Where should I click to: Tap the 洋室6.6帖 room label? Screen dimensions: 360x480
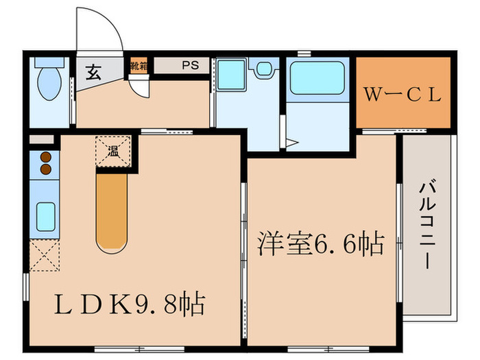tap(320, 243)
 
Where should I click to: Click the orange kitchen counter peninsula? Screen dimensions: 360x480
tap(112, 209)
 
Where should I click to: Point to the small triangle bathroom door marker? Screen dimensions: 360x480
tap(291, 143)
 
